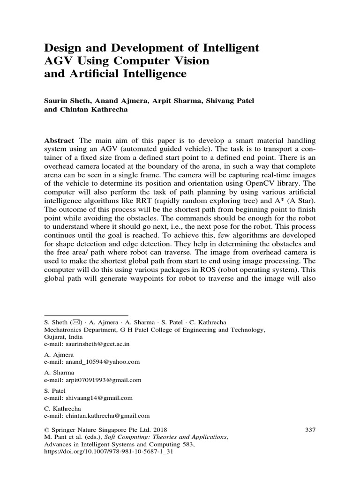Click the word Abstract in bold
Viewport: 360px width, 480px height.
(x=59, y=141)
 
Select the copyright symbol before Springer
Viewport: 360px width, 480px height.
(x=46, y=429)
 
